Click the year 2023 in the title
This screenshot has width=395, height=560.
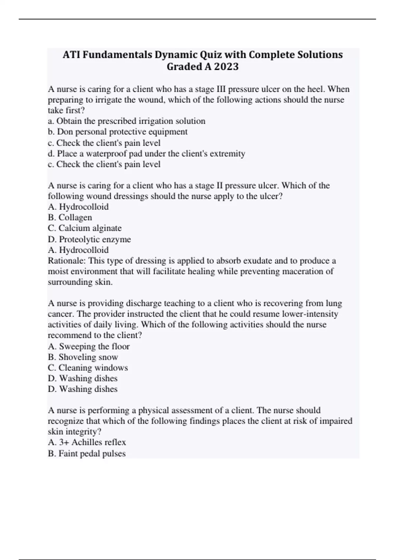226,67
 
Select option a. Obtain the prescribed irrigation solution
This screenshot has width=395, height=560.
127,121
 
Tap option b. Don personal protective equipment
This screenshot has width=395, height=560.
118,132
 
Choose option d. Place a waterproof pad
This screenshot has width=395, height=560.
146,154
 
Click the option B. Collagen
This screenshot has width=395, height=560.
70,217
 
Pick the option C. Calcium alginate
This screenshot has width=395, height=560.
85,228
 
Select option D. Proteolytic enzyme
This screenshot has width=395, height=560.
89,239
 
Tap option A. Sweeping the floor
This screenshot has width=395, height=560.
89,346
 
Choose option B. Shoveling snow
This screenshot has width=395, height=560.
83,357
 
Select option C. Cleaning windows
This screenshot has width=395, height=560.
88,368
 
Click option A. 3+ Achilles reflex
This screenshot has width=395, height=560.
87,442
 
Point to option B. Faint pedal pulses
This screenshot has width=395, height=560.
87,454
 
